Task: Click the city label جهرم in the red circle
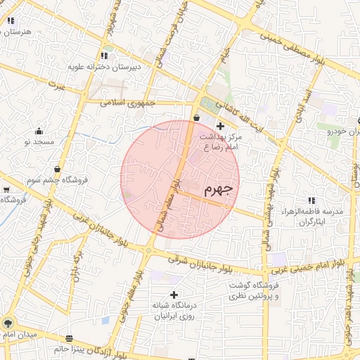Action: click(x=218, y=190)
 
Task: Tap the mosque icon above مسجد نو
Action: click(x=39, y=131)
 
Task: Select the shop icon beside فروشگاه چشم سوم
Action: click(x=57, y=169)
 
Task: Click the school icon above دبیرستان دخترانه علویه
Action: click(x=104, y=56)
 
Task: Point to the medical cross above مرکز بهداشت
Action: click(x=220, y=125)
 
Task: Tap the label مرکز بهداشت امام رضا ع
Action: click(x=221, y=142)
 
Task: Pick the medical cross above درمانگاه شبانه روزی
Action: click(x=174, y=294)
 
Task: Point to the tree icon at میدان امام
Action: click(x=8, y=323)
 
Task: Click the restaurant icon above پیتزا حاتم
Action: click(x=69, y=338)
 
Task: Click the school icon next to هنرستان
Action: click(x=11, y=22)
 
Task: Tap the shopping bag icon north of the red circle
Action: click(x=196, y=117)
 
